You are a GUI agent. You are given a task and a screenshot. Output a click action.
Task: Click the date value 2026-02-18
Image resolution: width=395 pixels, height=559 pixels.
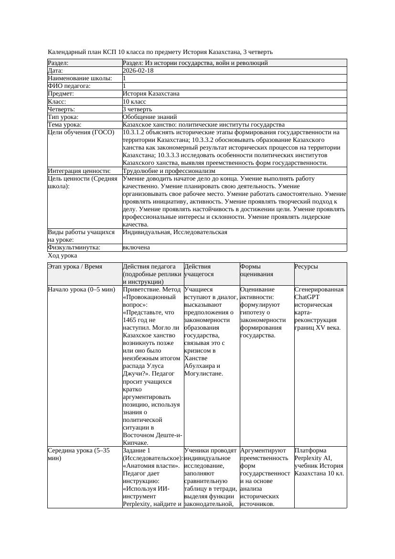point(138,71)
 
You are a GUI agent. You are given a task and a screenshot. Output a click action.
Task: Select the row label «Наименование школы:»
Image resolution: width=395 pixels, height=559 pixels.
point(80,78)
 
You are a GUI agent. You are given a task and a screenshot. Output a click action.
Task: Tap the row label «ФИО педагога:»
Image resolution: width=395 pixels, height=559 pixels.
point(69,86)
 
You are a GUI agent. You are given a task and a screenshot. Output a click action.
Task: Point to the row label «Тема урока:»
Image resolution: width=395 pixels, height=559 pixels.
point(64,125)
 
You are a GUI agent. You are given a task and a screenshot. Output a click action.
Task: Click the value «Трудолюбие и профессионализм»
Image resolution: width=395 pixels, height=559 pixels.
point(169,171)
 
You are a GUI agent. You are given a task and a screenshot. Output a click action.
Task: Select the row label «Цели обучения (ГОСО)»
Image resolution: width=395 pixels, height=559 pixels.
point(81,132)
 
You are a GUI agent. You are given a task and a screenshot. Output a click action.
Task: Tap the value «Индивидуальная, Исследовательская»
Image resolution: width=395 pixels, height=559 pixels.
point(175,232)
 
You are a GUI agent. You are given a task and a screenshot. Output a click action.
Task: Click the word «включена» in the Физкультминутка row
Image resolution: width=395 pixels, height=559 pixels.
point(136,247)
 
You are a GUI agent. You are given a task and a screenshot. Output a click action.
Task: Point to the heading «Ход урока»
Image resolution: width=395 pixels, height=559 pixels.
point(63,256)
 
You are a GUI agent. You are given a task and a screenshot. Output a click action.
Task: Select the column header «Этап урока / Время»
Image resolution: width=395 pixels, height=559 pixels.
point(75,267)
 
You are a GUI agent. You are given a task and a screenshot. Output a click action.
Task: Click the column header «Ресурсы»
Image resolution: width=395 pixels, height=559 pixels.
point(306,267)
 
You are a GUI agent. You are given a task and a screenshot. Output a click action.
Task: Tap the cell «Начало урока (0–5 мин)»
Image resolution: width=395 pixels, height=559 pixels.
point(81,290)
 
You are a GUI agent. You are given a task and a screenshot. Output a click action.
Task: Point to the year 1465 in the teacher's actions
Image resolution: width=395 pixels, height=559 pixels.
point(131,320)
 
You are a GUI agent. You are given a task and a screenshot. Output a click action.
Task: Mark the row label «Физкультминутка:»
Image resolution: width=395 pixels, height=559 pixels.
point(74,247)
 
